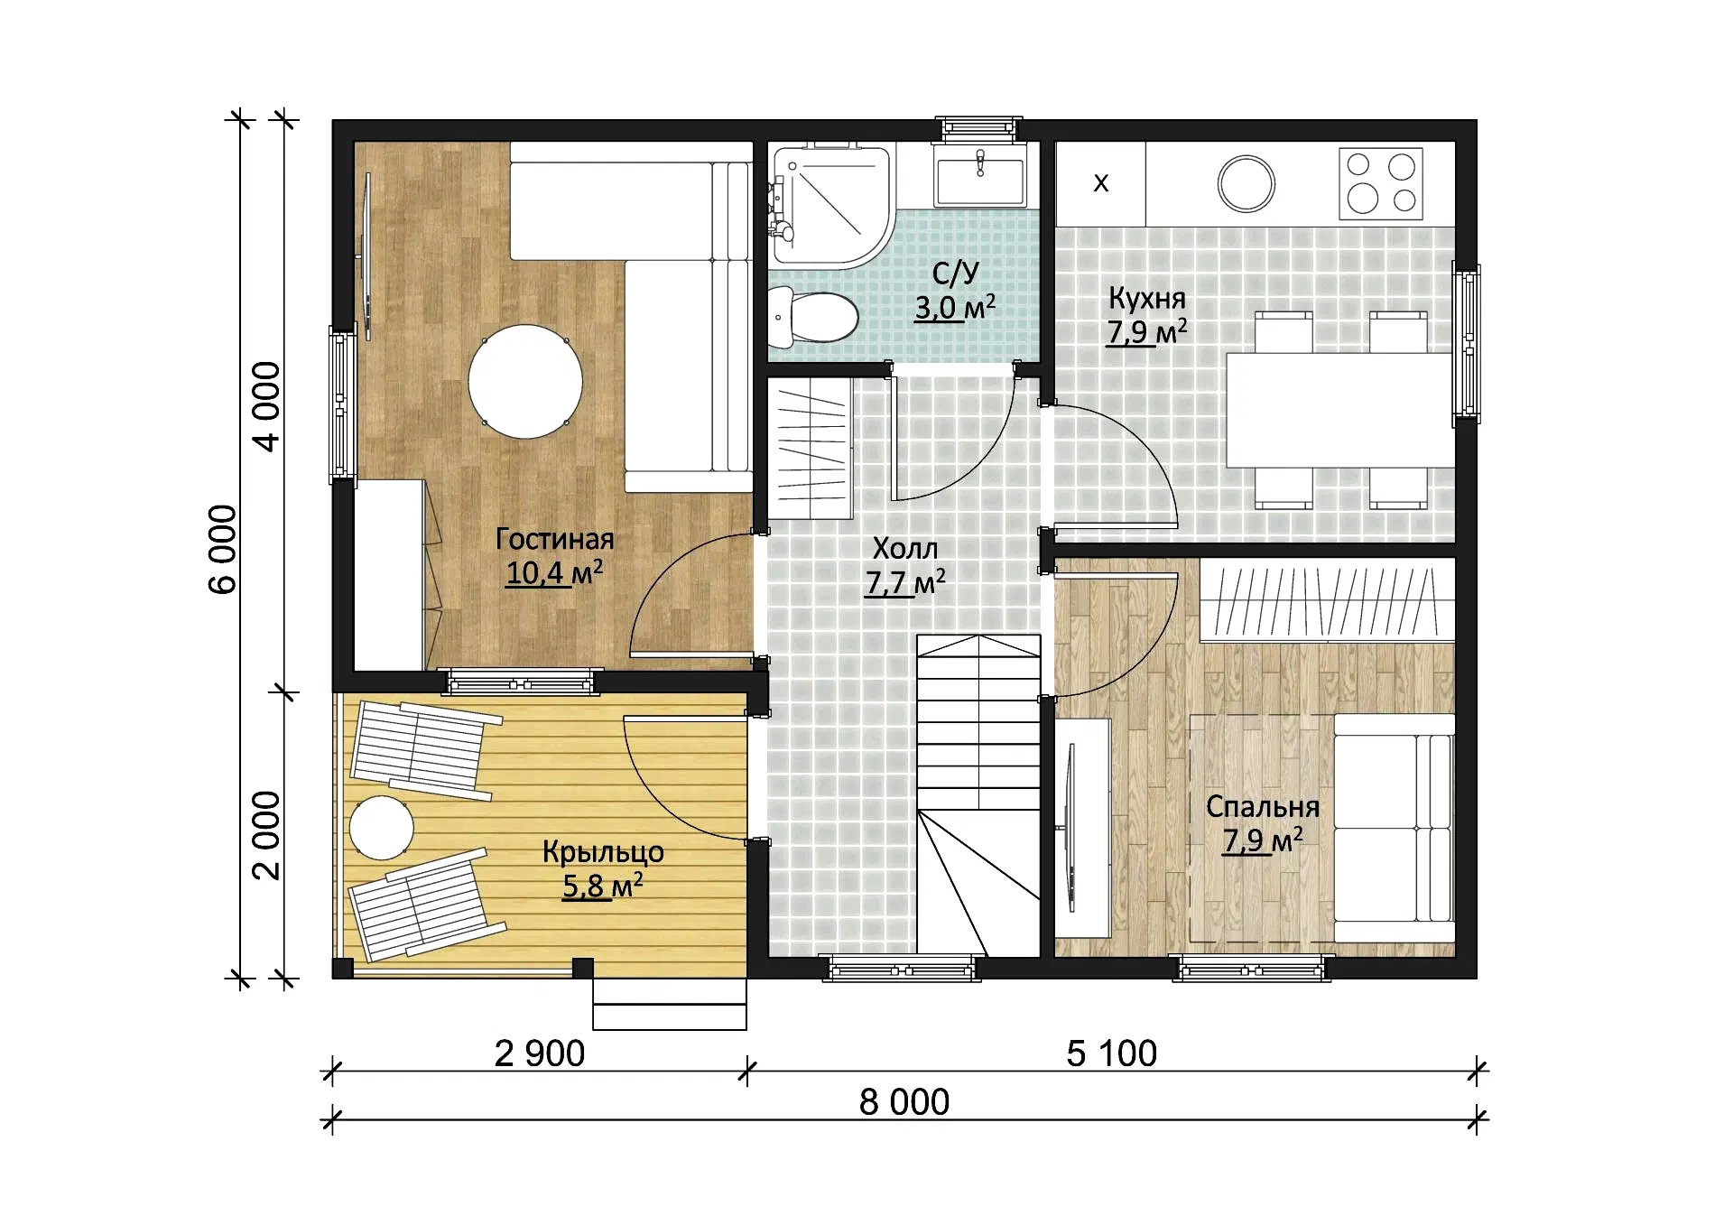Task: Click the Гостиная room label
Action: coord(554,539)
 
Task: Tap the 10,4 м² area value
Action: coord(554,572)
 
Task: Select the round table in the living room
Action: coord(525,381)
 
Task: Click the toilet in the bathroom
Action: coord(813,317)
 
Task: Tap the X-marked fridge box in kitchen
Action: coord(1101,183)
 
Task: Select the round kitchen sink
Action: coord(1246,183)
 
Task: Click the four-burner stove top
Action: coord(1381,183)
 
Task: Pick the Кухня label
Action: coord(1147,298)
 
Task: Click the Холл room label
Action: coord(905,548)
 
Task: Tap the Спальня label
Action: coord(1263,806)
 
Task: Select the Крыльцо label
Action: coord(603,851)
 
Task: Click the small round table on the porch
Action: coord(382,827)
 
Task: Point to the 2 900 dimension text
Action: coord(540,1053)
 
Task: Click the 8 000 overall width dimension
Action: coord(904,1102)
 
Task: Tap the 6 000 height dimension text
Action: coord(222,549)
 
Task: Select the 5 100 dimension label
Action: coord(1112,1053)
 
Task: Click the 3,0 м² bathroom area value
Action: coord(955,307)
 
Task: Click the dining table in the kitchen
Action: coord(1340,410)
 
